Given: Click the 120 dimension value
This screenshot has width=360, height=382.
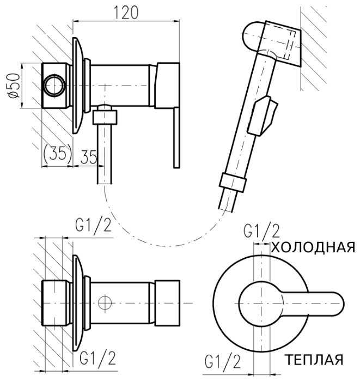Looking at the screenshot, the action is pos(126,13).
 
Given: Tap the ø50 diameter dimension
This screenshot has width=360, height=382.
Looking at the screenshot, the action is pos(14,86).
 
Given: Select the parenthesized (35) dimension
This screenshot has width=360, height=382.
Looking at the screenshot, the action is pos(57,154).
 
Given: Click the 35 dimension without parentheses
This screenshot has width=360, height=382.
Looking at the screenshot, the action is pos(89,157).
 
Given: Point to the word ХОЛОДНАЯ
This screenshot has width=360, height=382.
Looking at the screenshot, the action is pos(313,247).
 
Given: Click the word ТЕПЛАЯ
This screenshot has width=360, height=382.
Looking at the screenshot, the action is pos(314,360).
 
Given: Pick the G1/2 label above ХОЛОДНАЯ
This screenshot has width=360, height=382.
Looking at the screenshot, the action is pos(261,231).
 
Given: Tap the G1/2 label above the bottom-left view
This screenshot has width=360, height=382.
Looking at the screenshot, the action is pos(94,225).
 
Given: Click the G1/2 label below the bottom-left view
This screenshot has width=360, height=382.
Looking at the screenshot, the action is pos(98,358).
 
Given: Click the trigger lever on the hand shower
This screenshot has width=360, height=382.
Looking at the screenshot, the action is pos(263,116).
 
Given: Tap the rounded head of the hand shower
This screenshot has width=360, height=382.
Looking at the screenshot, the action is pos(253,37).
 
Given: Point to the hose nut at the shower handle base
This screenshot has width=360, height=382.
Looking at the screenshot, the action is pos(233,183).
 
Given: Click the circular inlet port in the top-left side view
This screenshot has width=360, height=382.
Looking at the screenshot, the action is pos(54,86).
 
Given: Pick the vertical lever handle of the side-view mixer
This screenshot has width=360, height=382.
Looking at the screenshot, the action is pos(176,138).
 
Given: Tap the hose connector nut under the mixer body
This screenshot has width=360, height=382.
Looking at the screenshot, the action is pos(105,117).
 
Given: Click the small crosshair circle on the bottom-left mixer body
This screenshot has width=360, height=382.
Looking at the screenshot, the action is pos(105,303).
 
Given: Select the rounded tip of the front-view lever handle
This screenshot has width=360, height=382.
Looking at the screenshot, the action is pos(337,304).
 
